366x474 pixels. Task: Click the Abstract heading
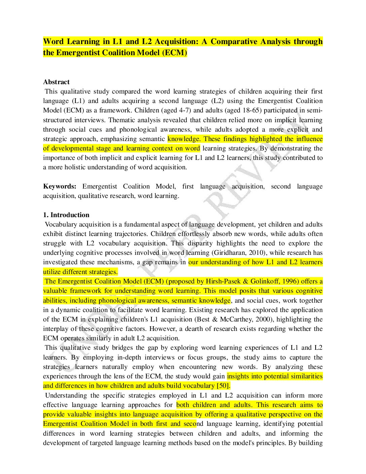pos(56,82)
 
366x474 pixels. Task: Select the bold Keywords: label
pos(60,186)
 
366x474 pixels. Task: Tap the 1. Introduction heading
pos(66,215)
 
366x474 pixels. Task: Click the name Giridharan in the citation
pos(229,252)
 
